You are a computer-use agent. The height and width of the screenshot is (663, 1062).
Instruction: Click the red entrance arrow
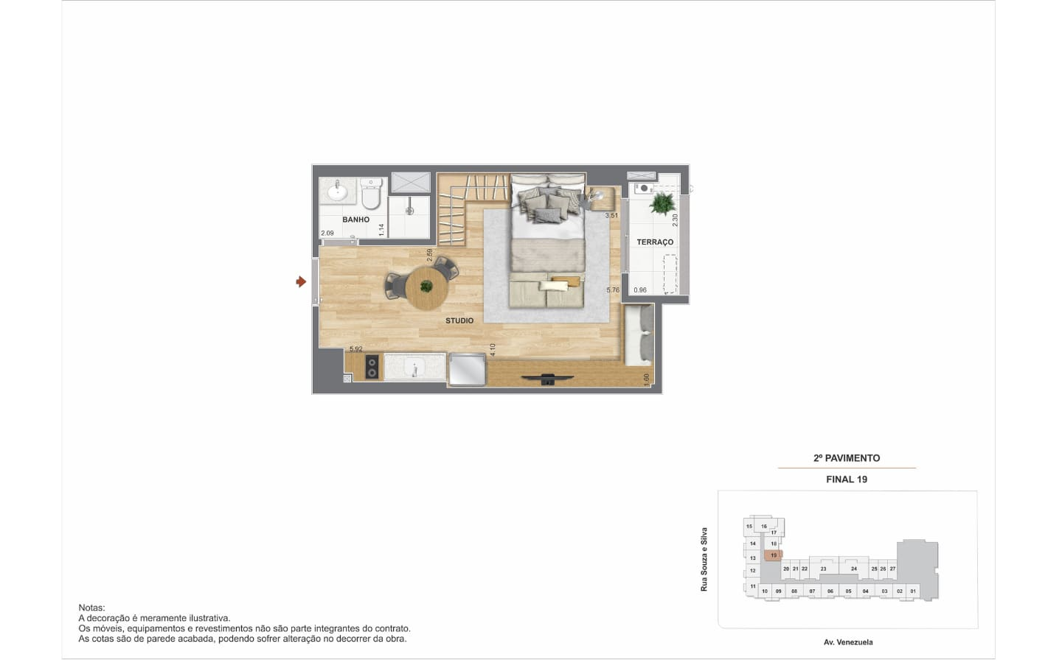pyautogui.click(x=301, y=282)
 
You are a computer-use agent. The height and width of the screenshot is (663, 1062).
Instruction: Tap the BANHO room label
pyautogui.click(x=355, y=220)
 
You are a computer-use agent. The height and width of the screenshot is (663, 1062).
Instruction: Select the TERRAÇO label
pyautogui.click(x=655, y=242)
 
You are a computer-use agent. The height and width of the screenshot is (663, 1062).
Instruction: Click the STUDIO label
pyautogui.click(x=459, y=320)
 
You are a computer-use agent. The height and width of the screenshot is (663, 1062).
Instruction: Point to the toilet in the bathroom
pyautogui.click(x=371, y=193)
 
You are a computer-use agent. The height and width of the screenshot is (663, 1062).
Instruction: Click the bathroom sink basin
pyautogui.click(x=338, y=192)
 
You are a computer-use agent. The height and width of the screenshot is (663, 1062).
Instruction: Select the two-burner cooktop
pyautogui.click(x=372, y=368)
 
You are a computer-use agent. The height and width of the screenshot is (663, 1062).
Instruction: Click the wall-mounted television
pyautogui.click(x=547, y=379)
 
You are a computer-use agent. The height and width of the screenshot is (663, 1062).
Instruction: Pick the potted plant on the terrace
pyautogui.click(x=662, y=203)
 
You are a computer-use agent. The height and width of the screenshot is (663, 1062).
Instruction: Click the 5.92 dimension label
pyautogui.click(x=356, y=349)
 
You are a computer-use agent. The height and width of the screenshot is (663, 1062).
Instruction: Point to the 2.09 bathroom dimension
pyautogui.click(x=327, y=233)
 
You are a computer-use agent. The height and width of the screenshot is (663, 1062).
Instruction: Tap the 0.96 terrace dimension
pyautogui.click(x=640, y=290)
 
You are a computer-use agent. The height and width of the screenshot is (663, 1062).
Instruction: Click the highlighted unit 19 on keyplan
pyautogui.click(x=773, y=555)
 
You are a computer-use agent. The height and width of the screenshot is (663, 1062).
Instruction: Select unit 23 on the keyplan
pyautogui.click(x=824, y=569)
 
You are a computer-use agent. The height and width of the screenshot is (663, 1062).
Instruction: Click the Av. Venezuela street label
pyautogui.click(x=848, y=642)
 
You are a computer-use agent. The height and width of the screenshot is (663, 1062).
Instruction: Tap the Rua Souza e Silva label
pyautogui.click(x=704, y=559)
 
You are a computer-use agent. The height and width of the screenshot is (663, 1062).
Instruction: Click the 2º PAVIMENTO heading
pyautogui.click(x=847, y=458)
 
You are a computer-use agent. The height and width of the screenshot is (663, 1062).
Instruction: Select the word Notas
pyautogui.click(x=91, y=608)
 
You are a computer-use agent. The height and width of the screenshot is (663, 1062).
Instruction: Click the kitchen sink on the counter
pyautogui.click(x=414, y=367)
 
